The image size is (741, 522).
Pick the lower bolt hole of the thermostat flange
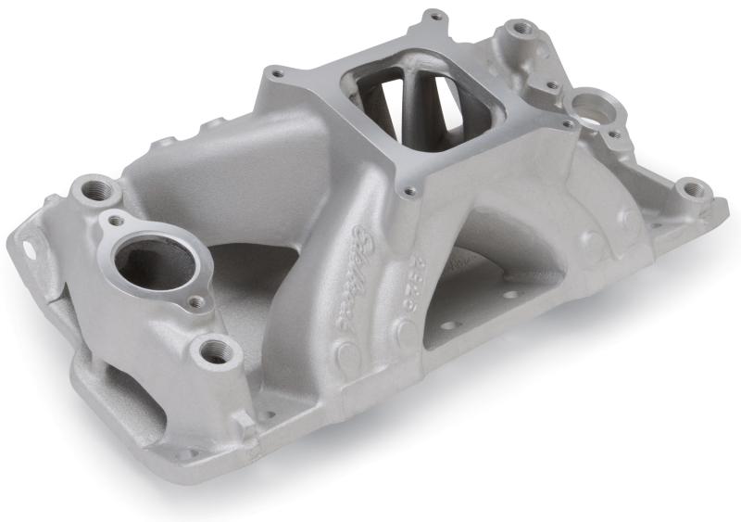point(195,301)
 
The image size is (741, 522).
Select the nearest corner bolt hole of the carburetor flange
point(408,193)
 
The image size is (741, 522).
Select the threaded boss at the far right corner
point(690,191)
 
